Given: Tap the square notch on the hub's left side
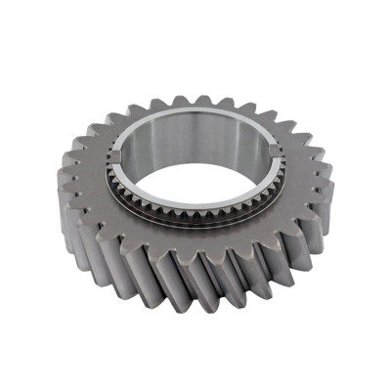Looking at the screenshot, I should pos(115,155).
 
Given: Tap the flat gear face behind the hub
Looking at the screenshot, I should pos(195,109).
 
